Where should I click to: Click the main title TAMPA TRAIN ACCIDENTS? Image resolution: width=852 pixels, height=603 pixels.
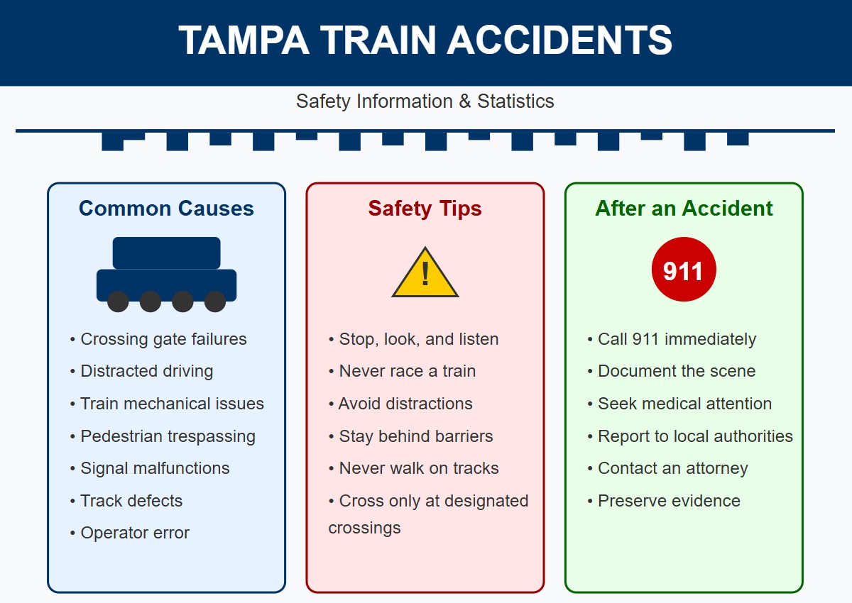click(425, 40)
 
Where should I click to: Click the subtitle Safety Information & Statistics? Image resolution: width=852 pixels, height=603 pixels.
click(425, 101)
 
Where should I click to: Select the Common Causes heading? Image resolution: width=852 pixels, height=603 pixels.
click(166, 209)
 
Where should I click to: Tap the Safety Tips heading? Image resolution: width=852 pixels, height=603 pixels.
click(425, 209)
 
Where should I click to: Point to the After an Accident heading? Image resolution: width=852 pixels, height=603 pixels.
click(684, 209)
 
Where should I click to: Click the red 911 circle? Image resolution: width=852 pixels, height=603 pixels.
click(684, 270)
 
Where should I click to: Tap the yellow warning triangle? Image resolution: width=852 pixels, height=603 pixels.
click(425, 272)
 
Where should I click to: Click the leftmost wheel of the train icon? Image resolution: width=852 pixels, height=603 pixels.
click(118, 301)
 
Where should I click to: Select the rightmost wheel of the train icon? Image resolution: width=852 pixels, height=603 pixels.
click(215, 301)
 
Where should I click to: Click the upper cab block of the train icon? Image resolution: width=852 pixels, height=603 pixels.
click(167, 253)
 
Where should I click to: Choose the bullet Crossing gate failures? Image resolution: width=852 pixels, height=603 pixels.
click(158, 339)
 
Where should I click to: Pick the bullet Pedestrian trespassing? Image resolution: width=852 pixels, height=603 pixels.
click(163, 436)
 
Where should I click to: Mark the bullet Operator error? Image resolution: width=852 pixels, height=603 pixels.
click(130, 533)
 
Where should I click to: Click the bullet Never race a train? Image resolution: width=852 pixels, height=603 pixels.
click(402, 371)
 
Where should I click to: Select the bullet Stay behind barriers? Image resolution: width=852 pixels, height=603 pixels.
click(411, 436)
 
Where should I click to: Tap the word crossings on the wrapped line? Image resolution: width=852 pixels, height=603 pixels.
click(365, 528)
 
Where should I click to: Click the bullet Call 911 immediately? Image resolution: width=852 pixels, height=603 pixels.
click(672, 339)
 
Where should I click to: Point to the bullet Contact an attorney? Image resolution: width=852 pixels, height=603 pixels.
click(667, 468)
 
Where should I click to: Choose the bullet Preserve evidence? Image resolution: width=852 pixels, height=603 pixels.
click(664, 501)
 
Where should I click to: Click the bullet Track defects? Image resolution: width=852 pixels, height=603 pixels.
click(126, 501)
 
